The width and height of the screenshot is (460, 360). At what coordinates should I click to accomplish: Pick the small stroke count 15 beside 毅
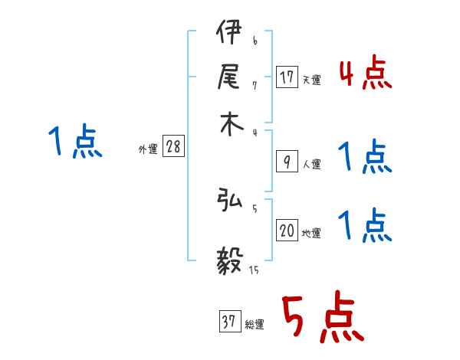[x=253, y=270]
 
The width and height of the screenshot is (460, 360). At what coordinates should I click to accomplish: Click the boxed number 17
[x=287, y=77]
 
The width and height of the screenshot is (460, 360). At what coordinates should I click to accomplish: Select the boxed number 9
[x=287, y=160]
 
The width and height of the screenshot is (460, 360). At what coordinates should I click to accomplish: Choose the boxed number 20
[x=287, y=231]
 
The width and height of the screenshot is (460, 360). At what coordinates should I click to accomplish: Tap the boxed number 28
[x=173, y=147]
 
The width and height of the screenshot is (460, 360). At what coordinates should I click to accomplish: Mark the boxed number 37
[x=228, y=322]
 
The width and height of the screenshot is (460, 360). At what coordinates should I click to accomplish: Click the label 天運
[x=311, y=80]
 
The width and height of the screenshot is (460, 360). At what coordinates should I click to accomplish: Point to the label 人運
[x=311, y=163]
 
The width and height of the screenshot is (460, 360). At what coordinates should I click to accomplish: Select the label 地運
[x=311, y=234]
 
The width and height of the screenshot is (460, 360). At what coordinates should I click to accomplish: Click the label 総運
[x=254, y=325]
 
